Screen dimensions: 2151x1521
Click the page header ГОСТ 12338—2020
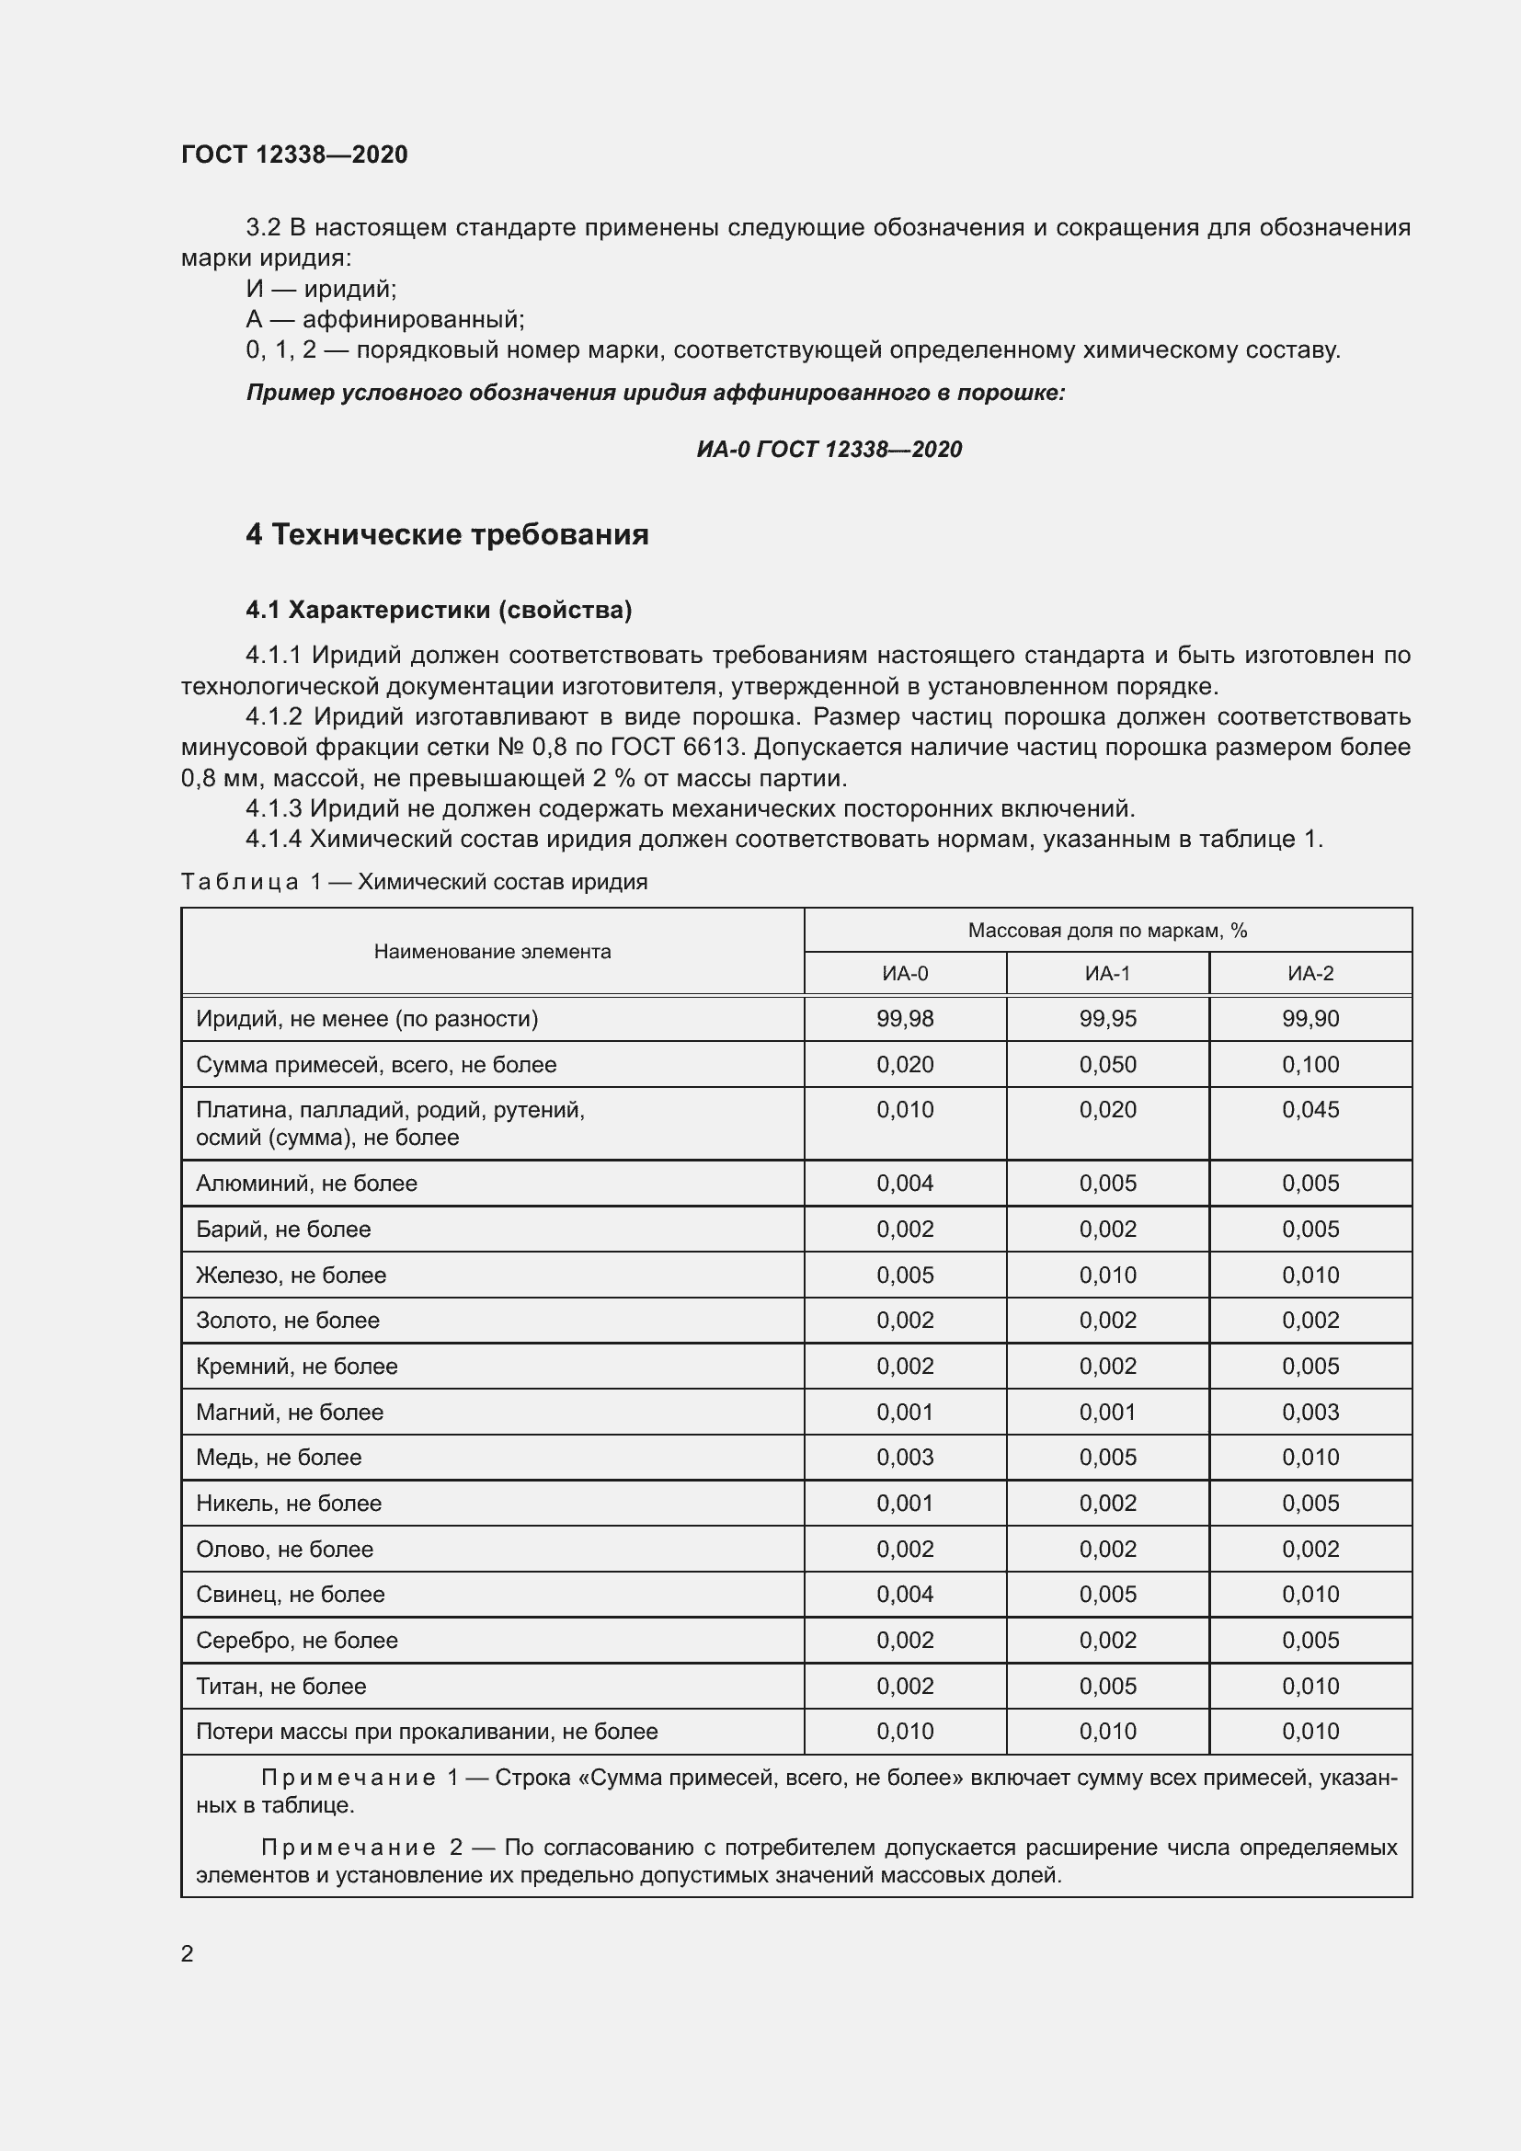pos(294,154)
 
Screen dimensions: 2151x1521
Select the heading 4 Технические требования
pos(447,535)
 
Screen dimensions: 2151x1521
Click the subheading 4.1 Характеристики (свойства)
pos(439,610)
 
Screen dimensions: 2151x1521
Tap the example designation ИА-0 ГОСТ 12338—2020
pos(829,450)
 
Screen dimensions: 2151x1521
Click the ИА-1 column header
pos(1107,973)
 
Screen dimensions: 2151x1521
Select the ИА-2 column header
pos(1310,973)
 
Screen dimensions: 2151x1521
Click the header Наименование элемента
pos(492,952)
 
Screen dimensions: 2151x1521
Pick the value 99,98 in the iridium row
pos(905,1018)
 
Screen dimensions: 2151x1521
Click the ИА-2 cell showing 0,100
pos(1310,1064)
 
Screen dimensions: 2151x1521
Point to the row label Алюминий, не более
pos(306,1184)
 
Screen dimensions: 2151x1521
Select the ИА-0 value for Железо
pos(905,1275)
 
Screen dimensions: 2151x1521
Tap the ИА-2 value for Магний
pos(1310,1412)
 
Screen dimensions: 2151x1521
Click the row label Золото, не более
pos(288,1321)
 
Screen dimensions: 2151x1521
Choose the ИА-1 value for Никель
pos(1107,1504)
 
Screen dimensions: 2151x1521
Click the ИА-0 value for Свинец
pos(905,1595)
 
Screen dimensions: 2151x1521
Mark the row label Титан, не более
pos(281,1687)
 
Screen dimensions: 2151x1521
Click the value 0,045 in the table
pos(1310,1110)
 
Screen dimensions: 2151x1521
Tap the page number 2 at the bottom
pos(188,1954)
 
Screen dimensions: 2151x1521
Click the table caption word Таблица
pos(240,883)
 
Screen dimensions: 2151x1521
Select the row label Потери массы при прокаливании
pos(426,1733)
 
